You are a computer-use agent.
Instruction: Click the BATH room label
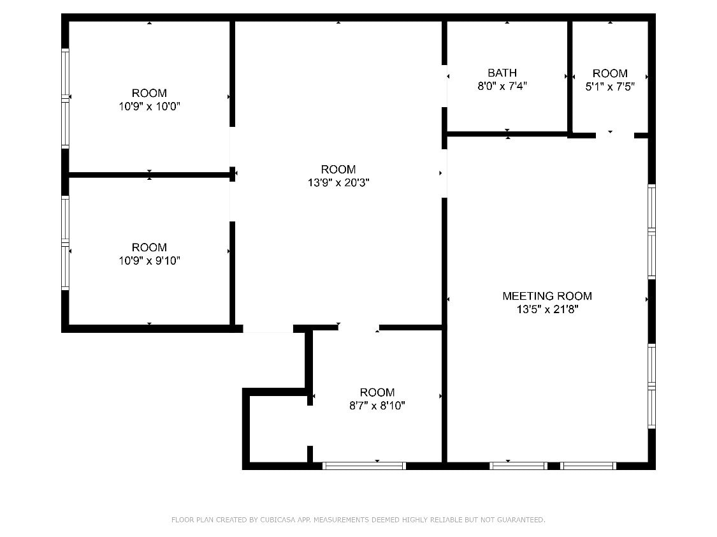click(x=502, y=73)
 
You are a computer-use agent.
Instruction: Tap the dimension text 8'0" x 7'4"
click(x=502, y=86)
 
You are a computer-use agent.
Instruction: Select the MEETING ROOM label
click(x=547, y=296)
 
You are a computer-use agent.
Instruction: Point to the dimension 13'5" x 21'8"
click(x=547, y=310)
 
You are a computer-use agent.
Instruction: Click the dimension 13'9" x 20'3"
click(x=338, y=183)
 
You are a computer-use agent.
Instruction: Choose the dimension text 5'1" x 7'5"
click(x=610, y=87)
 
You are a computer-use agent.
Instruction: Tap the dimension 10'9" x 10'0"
click(x=149, y=107)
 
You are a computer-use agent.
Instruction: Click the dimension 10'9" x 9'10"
click(x=149, y=261)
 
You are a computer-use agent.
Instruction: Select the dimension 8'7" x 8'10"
click(x=377, y=406)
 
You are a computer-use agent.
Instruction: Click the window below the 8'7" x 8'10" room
click(x=364, y=466)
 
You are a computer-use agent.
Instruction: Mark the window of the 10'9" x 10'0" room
click(x=65, y=98)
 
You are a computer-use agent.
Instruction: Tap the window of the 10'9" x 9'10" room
click(x=65, y=242)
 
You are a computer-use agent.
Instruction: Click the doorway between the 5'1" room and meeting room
click(x=614, y=135)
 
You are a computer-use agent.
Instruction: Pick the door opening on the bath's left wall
click(x=445, y=86)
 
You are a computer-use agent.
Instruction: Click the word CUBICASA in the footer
click(x=277, y=520)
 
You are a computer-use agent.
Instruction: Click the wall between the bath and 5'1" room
click(x=570, y=77)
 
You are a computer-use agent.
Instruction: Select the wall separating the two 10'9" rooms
click(x=149, y=174)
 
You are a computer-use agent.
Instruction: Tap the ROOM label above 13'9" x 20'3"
click(x=338, y=169)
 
